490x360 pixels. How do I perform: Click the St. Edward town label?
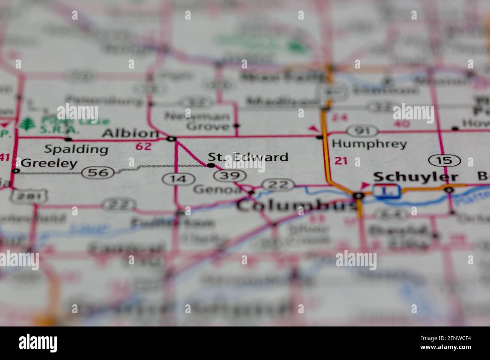(x=248, y=157)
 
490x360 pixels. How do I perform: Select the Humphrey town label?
(x=369, y=143)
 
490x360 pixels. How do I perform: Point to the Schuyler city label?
(x=415, y=177)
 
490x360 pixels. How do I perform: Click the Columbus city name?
(x=296, y=206)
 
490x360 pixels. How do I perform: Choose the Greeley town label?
(x=49, y=163)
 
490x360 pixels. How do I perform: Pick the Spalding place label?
(x=76, y=149)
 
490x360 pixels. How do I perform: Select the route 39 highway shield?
(x=230, y=175)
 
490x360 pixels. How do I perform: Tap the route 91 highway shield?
(x=362, y=131)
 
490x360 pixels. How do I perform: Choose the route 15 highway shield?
(x=445, y=160)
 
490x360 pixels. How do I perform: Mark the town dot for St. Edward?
(x=211, y=165)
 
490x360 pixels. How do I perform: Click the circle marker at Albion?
(x=171, y=139)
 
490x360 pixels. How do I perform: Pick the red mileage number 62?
(x=143, y=146)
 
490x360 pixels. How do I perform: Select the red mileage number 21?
(x=341, y=161)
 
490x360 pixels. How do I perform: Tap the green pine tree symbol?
(x=26, y=124)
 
